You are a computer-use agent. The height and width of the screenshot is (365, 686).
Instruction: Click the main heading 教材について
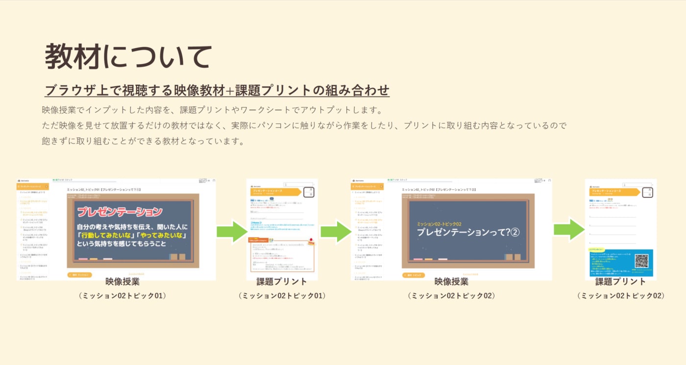128,56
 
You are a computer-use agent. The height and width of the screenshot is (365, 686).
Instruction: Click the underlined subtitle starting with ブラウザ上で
217,91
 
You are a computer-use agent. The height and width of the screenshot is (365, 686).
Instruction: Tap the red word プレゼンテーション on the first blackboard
120,212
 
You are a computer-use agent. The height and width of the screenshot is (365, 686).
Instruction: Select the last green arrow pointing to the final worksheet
569,230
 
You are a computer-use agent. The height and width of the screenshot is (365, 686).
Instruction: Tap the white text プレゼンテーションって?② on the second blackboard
468,233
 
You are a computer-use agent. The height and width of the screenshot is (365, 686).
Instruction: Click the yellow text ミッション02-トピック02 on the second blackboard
439,223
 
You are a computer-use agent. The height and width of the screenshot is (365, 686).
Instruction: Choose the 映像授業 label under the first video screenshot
122,282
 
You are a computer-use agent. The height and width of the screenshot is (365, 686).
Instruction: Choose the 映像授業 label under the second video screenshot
451,282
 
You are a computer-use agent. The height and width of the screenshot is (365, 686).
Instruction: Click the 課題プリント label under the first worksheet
282,282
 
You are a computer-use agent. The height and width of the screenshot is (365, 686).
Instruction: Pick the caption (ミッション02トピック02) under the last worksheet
621,295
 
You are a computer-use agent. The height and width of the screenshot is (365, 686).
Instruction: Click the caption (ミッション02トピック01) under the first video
122,295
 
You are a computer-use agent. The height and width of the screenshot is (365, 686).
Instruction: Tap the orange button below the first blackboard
79,275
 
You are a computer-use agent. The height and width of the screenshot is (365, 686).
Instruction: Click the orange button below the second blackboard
414,275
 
